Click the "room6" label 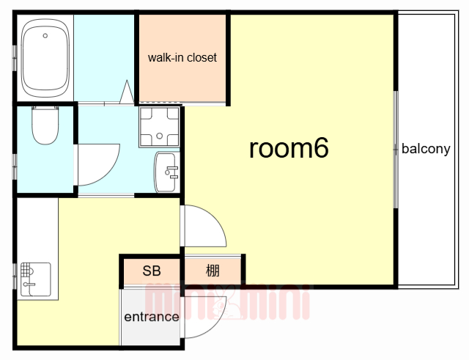(x=289, y=147)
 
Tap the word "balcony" (x=426, y=149)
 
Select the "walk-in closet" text (x=182, y=57)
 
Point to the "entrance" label (x=152, y=317)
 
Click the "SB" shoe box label (x=152, y=271)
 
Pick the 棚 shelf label (x=213, y=271)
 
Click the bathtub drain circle (x=45, y=36)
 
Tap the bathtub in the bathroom (x=45, y=58)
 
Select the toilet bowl (x=45, y=125)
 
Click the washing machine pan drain (x=160, y=136)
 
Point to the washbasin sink (x=167, y=172)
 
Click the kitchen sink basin (x=36, y=279)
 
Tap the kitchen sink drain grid (x=26, y=270)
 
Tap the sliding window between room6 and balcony (x=396, y=150)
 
